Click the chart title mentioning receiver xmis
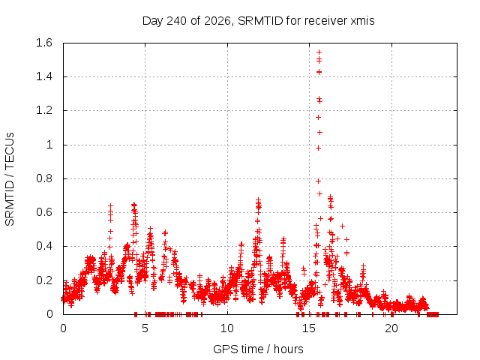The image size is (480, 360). pos(258,21)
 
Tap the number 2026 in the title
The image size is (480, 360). pos(217,21)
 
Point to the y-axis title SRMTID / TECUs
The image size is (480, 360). pos(10,179)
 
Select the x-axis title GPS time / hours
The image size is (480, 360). pos(258,349)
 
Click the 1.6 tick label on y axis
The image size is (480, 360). pos(44,43)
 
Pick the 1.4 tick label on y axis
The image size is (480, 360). pos(44,76)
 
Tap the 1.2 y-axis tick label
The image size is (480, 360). pos(44,110)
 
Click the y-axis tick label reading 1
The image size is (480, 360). pos(49,145)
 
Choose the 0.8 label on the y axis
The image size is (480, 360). pos(44,178)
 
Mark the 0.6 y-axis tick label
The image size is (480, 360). pos(44,212)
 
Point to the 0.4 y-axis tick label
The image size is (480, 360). pos(44,246)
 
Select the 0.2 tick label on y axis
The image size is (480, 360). pos(44,280)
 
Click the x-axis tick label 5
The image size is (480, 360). pos(145,328)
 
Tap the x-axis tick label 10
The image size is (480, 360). pos(227,328)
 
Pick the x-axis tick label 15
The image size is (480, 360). pos(309,328)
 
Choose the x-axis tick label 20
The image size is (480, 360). pos(391,328)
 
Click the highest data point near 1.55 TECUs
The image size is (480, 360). pos(319,52)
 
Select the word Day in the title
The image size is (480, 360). pos(153,21)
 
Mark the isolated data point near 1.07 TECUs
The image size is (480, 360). pos(319,132)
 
